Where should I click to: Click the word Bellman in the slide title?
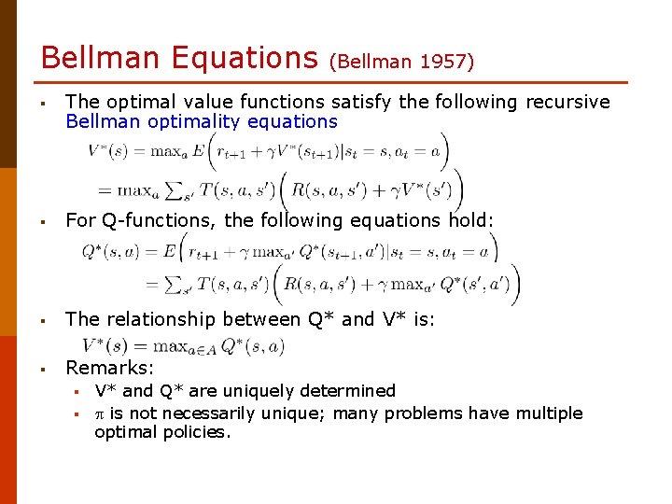pyautogui.click(x=102, y=58)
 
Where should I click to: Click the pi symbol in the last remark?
pyautogui.click(x=100, y=413)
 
